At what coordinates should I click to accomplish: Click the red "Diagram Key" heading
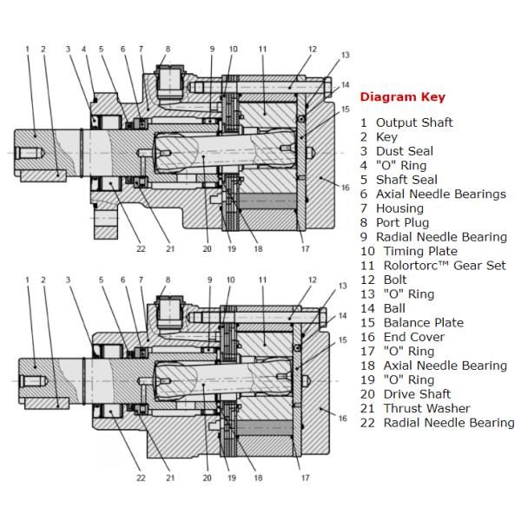(x=402, y=97)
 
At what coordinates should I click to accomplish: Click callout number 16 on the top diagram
(x=346, y=188)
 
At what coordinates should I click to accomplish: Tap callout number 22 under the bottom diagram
(x=141, y=478)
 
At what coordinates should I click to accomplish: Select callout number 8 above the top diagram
(x=168, y=49)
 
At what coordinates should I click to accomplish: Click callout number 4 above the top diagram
(x=84, y=49)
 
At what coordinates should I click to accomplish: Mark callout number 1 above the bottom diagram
(x=27, y=280)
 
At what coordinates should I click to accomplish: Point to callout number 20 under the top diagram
(x=207, y=248)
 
